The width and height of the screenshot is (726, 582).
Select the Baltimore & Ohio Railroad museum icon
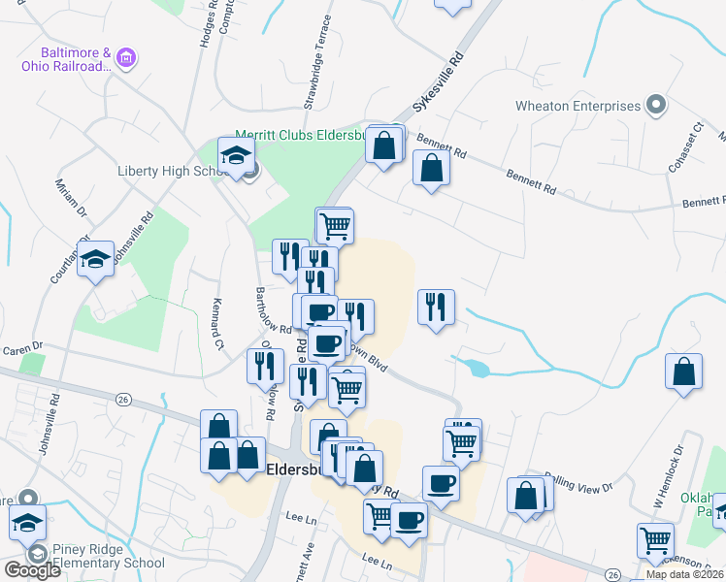(125, 59)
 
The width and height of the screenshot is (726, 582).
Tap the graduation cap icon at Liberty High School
(236, 156)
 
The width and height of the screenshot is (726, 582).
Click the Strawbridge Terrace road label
(319, 61)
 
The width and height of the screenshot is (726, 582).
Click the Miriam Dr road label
(72, 199)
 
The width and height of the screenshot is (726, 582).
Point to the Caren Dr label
(23, 346)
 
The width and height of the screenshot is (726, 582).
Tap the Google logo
(32, 570)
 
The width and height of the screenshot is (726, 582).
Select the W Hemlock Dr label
(669, 478)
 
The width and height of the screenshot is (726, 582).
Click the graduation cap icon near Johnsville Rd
(95, 259)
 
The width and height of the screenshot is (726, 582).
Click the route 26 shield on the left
(123, 399)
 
